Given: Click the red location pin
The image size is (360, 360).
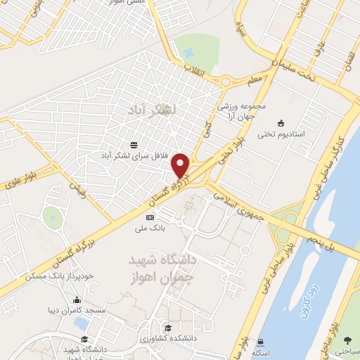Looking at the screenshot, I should pos(181,166).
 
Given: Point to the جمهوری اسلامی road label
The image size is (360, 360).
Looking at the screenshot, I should pos(239,203).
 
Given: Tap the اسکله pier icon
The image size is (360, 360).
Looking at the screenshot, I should pos(262,342).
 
